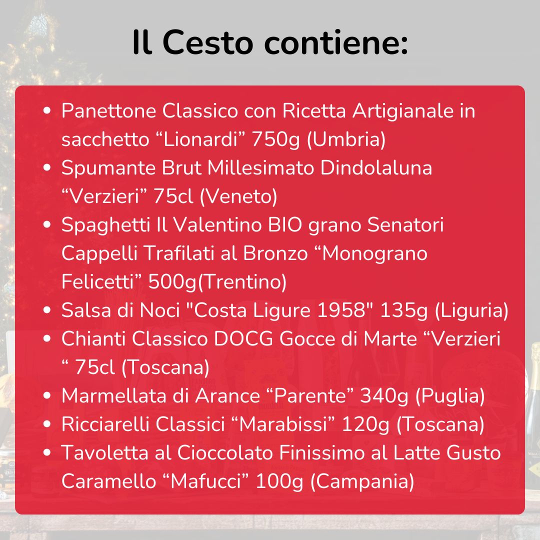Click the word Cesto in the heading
pos(207,43)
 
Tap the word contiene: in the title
pos(336,43)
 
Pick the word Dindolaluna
pos(376,168)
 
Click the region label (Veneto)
pos(238,196)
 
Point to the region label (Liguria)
pos(471,310)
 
